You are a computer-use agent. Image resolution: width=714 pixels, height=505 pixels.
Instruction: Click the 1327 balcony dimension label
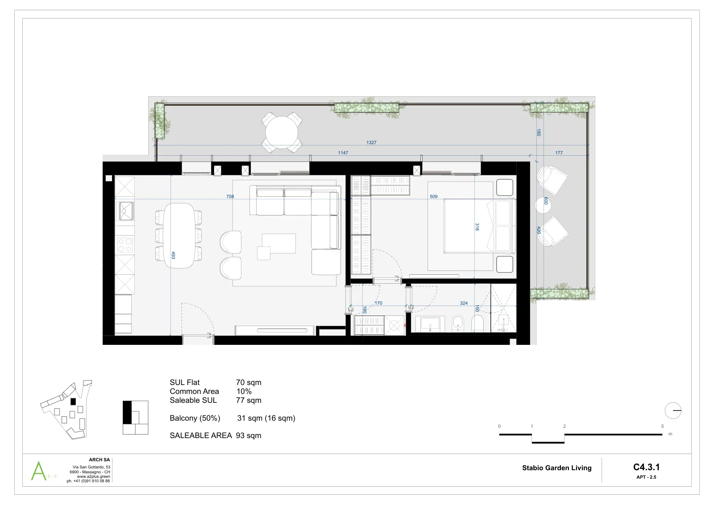(371, 142)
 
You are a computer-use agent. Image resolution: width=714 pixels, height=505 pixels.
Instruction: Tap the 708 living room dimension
(230, 197)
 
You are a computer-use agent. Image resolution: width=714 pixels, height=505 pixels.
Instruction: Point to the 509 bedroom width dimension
(433, 197)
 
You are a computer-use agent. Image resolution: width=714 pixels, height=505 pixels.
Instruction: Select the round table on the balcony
(282, 132)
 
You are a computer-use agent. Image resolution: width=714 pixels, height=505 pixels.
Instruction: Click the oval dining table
(179, 236)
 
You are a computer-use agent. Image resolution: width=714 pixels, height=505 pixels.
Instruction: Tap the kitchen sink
(126, 211)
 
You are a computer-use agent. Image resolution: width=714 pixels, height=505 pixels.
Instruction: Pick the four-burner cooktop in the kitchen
(125, 245)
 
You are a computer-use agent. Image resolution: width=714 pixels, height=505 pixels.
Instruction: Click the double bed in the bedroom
(480, 226)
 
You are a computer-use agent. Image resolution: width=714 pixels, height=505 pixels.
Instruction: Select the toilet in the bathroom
(477, 323)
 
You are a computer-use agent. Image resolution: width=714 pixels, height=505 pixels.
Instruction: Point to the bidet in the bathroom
(458, 323)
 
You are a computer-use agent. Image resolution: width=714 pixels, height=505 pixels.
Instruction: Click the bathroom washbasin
(430, 324)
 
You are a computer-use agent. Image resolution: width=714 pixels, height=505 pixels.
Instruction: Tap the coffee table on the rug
(278, 244)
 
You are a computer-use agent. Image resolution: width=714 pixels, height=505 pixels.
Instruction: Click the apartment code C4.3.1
(646, 467)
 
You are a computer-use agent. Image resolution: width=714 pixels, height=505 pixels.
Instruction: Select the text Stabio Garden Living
(556, 468)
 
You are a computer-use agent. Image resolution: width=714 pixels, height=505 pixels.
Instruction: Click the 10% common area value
(244, 391)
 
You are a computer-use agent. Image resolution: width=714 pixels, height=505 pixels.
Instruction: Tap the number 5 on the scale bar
(662, 426)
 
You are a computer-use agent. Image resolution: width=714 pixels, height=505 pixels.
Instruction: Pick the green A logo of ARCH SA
(39, 471)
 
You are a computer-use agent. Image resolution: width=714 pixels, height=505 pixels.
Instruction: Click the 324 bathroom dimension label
(464, 303)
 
